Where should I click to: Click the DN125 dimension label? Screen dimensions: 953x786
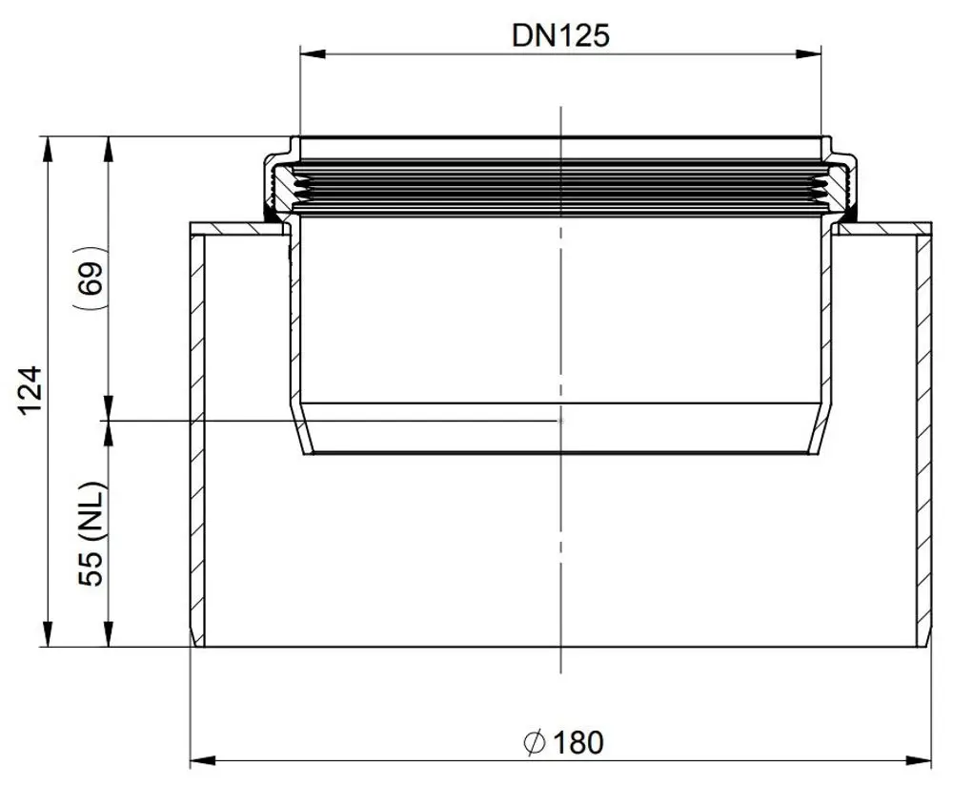pyautogui.click(x=560, y=35)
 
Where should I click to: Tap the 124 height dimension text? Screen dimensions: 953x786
pyautogui.click(x=30, y=390)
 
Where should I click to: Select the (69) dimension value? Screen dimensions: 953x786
pyautogui.click(x=91, y=278)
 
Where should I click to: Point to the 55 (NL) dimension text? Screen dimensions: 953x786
pyautogui.click(x=92, y=534)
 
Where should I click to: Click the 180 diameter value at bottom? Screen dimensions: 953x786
pyautogui.click(x=578, y=742)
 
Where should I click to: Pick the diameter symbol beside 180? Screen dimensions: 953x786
pyautogui.click(x=534, y=742)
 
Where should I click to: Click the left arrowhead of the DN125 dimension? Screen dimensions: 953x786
pyautogui.click(x=313, y=53)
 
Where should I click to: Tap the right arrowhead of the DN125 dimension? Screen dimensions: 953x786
pyautogui.click(x=808, y=53)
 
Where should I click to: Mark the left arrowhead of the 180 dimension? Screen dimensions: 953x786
pyautogui.click(x=203, y=760)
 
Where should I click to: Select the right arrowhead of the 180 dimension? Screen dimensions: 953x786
pyautogui.click(x=919, y=760)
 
